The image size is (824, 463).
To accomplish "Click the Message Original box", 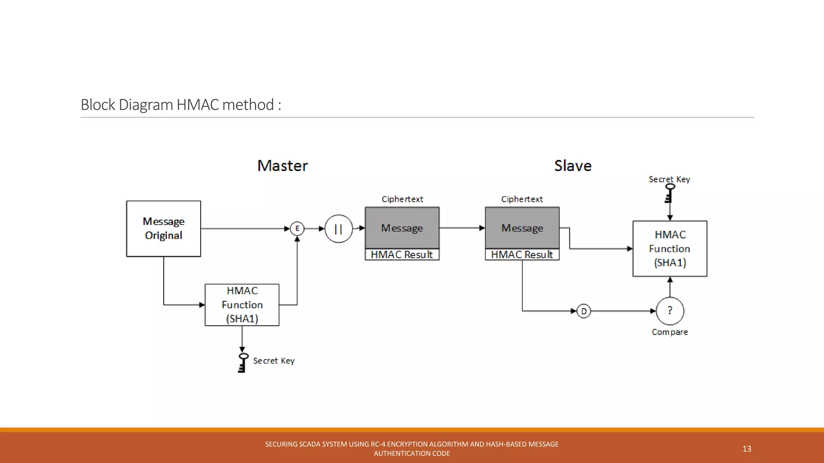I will (163, 228).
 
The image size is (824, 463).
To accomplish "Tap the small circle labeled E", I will (297, 229).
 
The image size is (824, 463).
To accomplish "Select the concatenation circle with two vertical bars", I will (338, 229).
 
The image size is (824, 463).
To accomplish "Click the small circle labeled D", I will (583, 311).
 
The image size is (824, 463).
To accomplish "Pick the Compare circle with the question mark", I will (669, 311).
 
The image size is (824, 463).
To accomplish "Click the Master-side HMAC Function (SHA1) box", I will (242, 305).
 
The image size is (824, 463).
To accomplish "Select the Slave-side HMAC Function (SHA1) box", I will (669, 248).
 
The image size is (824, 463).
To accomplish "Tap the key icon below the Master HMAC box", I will (243, 363).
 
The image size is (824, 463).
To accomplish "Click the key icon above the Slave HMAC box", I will (669, 193).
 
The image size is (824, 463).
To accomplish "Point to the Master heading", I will (282, 166).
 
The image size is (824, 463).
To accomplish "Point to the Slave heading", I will (573, 166).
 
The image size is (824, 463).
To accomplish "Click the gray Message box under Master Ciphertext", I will (402, 228).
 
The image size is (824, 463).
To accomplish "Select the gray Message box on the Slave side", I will (522, 228).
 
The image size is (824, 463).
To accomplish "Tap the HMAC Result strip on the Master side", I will (402, 254).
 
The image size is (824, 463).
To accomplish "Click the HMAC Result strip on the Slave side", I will (522, 254).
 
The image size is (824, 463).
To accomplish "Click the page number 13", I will (747, 449).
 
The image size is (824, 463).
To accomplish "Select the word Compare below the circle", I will (669, 332).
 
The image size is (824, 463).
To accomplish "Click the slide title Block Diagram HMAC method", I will (181, 104).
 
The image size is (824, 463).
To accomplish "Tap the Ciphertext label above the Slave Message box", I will (522, 199).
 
